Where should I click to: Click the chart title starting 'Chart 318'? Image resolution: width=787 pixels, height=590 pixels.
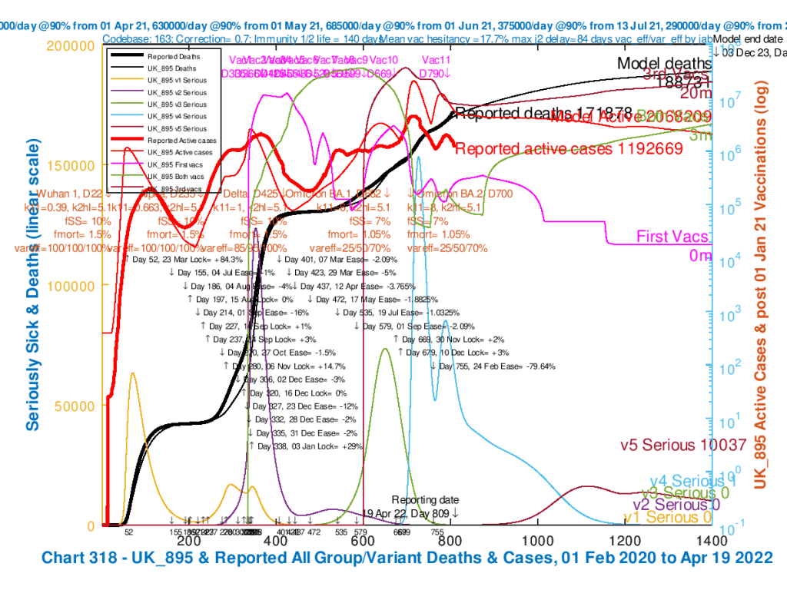tap(407, 557)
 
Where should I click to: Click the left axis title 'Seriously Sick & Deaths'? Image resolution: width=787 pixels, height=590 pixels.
tap(34, 285)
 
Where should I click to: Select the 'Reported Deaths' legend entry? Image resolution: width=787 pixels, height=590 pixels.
tap(172, 55)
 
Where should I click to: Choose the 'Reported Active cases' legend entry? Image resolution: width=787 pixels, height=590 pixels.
tap(181, 141)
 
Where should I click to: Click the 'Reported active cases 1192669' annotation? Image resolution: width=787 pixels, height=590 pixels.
tap(569, 149)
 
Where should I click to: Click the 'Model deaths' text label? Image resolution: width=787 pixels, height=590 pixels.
tap(665, 64)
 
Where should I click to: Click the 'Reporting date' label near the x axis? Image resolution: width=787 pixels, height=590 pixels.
tap(424, 500)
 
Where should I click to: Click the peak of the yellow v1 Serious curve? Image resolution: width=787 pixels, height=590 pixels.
tap(133, 373)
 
